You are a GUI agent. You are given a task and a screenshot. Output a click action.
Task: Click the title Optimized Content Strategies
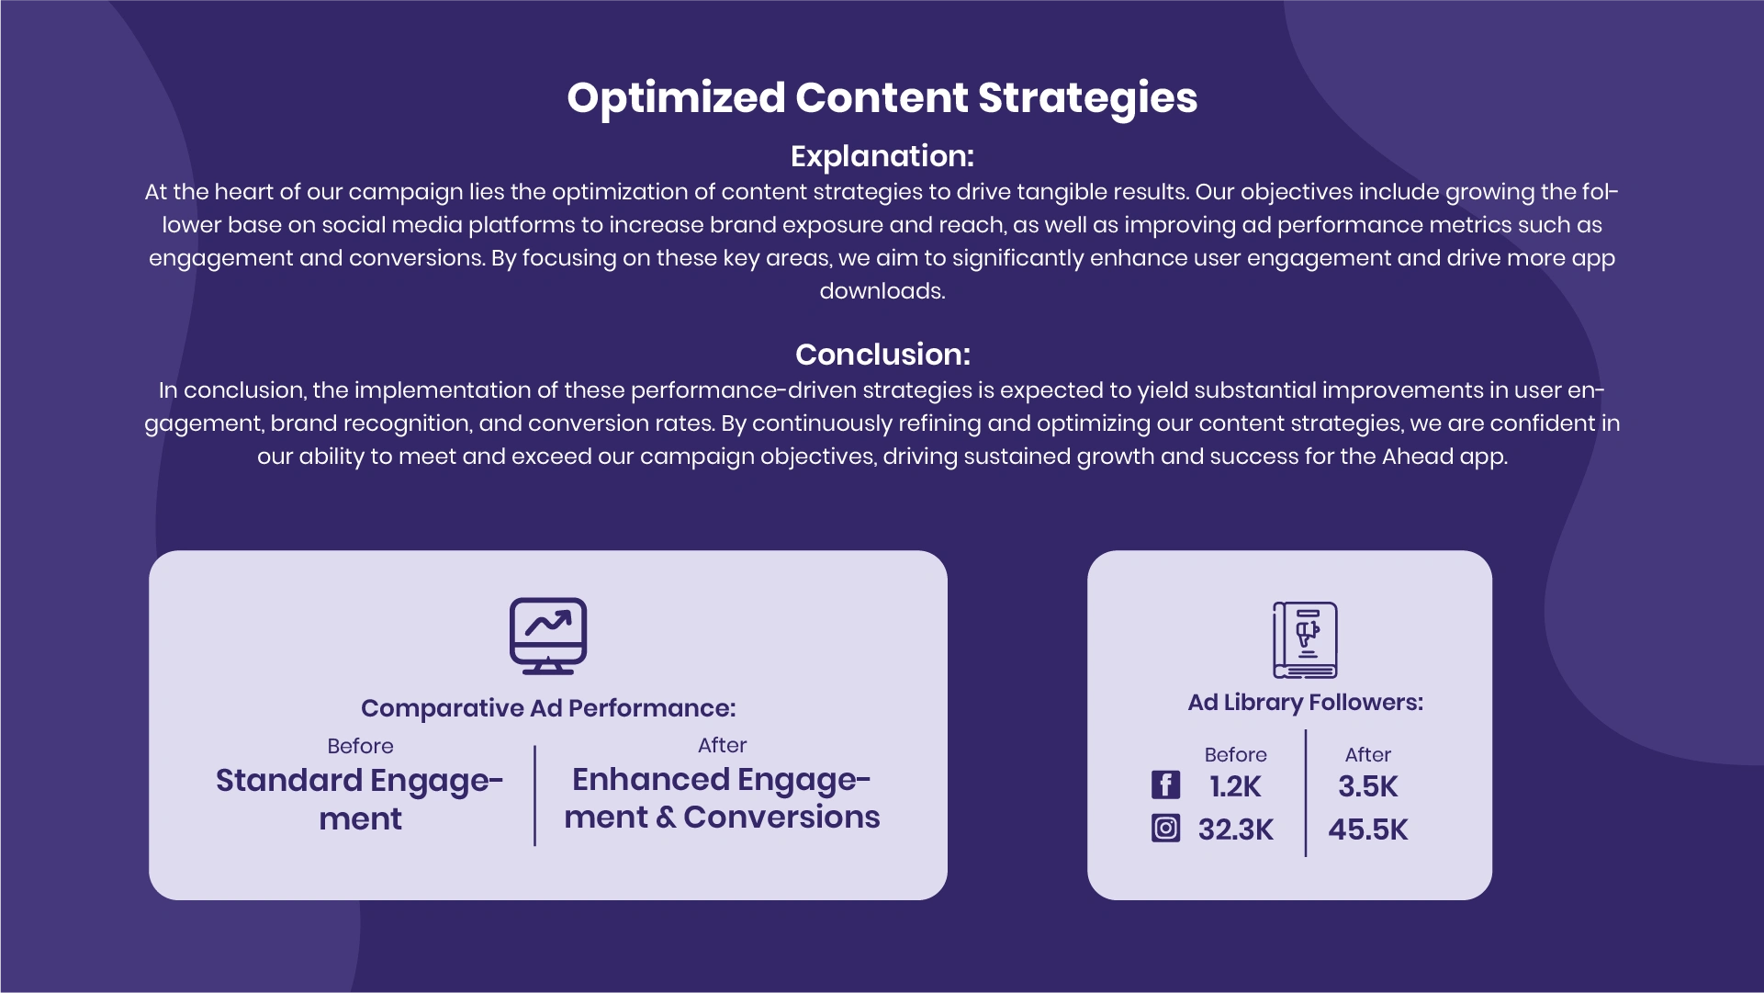click(882, 98)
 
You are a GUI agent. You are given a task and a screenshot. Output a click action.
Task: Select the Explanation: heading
click(882, 156)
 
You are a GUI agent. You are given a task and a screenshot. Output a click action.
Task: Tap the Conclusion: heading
click(882, 355)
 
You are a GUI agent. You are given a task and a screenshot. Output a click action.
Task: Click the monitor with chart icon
click(548, 637)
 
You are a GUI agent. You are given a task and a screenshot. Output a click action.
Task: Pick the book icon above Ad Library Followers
click(1305, 640)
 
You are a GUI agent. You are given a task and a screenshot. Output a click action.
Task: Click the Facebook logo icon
click(1165, 784)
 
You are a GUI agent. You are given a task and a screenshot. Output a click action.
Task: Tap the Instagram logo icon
click(1165, 829)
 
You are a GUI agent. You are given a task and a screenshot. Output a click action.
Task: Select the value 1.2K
click(1235, 786)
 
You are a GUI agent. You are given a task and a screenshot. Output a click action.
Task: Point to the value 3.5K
click(1367, 786)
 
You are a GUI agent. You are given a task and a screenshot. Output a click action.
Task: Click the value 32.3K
click(1235, 829)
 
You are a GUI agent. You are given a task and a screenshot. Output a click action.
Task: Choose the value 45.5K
click(1367, 829)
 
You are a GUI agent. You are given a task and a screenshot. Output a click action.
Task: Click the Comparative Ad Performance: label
click(548, 708)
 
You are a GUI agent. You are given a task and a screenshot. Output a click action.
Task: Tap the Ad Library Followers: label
click(1305, 703)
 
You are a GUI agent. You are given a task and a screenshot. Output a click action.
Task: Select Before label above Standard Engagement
click(360, 746)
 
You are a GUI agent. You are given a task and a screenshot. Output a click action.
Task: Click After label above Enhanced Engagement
click(722, 745)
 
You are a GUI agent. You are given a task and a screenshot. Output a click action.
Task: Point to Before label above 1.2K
click(1235, 755)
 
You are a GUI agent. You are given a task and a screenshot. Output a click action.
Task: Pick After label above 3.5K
click(1367, 755)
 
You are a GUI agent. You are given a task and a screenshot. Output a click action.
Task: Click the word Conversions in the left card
click(781, 817)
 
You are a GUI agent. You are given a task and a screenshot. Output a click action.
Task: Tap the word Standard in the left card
click(289, 780)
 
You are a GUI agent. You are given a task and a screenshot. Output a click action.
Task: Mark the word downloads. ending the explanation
click(882, 291)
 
